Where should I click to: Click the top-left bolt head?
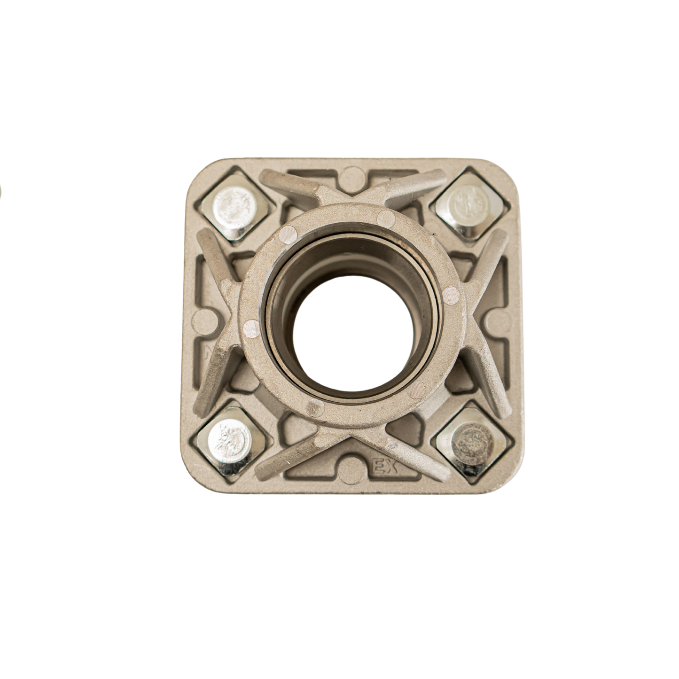(x=234, y=206)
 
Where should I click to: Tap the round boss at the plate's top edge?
(x=352, y=177)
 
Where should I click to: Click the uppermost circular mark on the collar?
(x=387, y=217)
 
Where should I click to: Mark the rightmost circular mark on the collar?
(x=451, y=295)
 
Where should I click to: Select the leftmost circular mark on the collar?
(x=251, y=329)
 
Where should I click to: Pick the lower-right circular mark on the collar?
(x=417, y=389)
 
